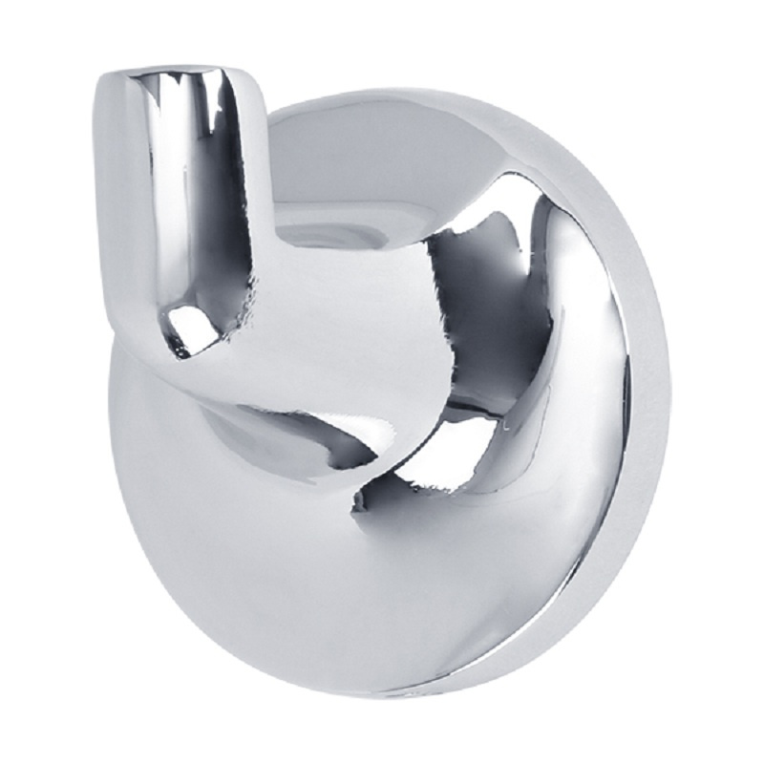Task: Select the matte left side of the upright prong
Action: (119, 191)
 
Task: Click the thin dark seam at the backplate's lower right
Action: (573, 592)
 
